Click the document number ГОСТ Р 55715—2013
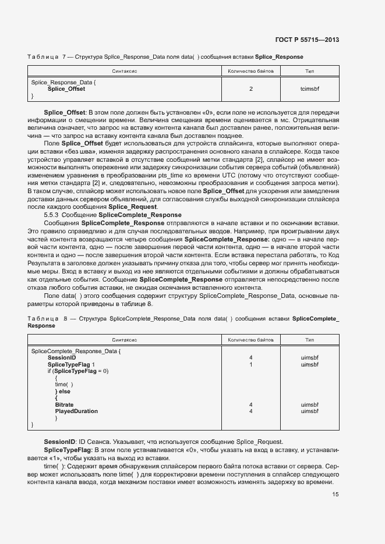(x=307, y=40)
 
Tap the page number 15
(x=335, y=495)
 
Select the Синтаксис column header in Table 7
(x=125, y=71)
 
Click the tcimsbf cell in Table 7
(x=309, y=89)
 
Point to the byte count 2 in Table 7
(x=251, y=89)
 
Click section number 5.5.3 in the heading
(x=53, y=215)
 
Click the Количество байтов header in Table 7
(x=251, y=71)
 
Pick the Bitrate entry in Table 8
(x=64, y=404)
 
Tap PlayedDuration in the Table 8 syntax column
(x=76, y=411)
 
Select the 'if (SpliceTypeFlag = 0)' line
(x=78, y=371)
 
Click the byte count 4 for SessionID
(x=250, y=358)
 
